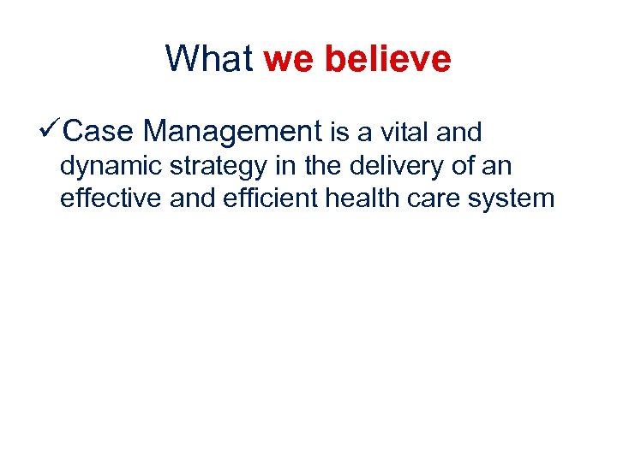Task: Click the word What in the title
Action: coord(209,59)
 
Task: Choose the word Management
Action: coord(232,132)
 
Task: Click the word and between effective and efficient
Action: coord(191,198)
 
